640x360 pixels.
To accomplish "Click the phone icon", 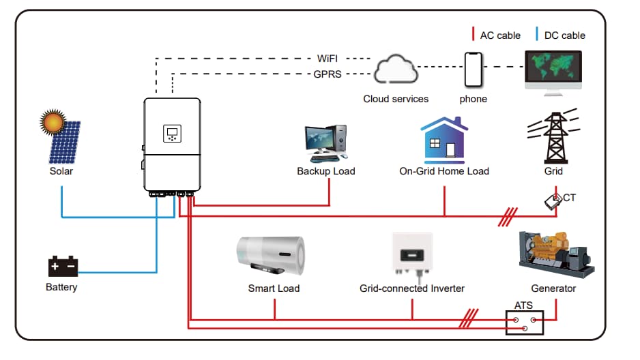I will coord(473,69).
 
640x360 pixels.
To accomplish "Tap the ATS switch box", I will coord(525,323).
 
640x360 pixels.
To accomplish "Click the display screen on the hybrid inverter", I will coord(172,133).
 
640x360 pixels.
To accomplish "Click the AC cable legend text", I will coord(500,35).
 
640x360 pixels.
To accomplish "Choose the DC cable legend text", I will coord(565,35).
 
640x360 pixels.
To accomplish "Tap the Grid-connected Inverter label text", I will coord(412,288).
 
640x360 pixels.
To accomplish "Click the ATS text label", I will coord(523,305).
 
